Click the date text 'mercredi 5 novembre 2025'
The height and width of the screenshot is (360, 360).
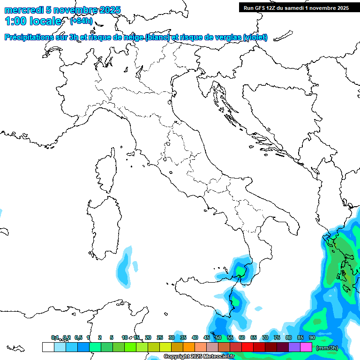tap(62, 10)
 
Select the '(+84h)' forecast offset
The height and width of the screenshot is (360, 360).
tap(81, 21)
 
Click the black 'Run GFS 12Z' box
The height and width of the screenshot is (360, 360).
tap(296, 7)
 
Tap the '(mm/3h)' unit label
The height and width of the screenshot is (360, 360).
tap(327, 348)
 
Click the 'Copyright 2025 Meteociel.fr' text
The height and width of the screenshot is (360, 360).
tap(199, 357)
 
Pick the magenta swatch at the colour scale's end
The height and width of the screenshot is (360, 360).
tap(306, 347)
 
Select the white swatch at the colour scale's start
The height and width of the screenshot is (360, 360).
tap(48, 347)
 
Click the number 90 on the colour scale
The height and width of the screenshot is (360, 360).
tap(312, 337)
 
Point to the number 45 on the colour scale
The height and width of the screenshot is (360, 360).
tap(207, 337)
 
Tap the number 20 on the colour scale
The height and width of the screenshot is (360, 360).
tap(148, 337)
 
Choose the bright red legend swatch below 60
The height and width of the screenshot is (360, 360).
tap(247, 347)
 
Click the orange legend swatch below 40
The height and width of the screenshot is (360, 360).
tap(189, 347)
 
